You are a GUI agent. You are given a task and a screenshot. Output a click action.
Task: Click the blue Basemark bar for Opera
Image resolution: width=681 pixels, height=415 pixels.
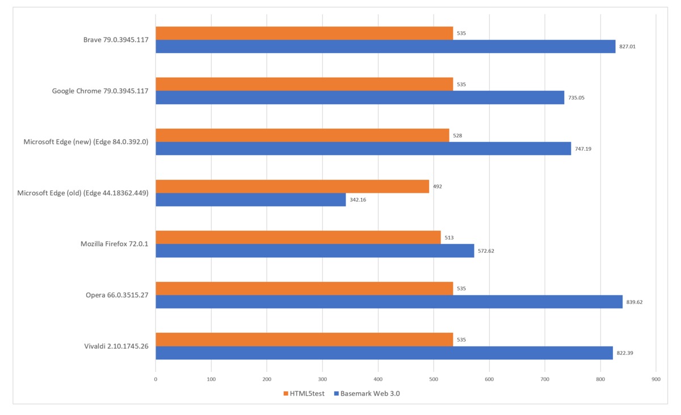tap(389, 302)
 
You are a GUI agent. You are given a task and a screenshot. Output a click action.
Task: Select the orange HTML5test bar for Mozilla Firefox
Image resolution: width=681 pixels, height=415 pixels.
tap(298, 238)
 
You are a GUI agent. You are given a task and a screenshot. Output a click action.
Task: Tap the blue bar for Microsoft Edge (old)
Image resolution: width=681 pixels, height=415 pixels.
tap(250, 200)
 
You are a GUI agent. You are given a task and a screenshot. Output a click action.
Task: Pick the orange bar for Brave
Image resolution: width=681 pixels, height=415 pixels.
tap(304, 33)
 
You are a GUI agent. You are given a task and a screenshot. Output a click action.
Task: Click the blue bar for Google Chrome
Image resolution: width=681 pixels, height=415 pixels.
tap(360, 98)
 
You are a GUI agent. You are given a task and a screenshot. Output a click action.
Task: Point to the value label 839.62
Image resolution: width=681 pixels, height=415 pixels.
tap(634, 302)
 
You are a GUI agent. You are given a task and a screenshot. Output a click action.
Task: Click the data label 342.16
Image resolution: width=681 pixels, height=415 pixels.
tap(358, 200)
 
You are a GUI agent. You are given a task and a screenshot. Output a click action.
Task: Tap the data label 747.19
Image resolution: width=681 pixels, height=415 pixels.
tap(583, 149)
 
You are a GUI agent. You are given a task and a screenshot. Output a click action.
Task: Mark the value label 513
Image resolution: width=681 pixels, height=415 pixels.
tap(449, 238)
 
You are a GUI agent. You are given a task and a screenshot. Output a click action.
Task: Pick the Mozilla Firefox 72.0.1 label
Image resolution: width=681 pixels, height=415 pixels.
tap(114, 244)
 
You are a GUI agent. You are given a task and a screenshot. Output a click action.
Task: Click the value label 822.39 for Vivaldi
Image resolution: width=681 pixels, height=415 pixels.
tap(625, 353)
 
